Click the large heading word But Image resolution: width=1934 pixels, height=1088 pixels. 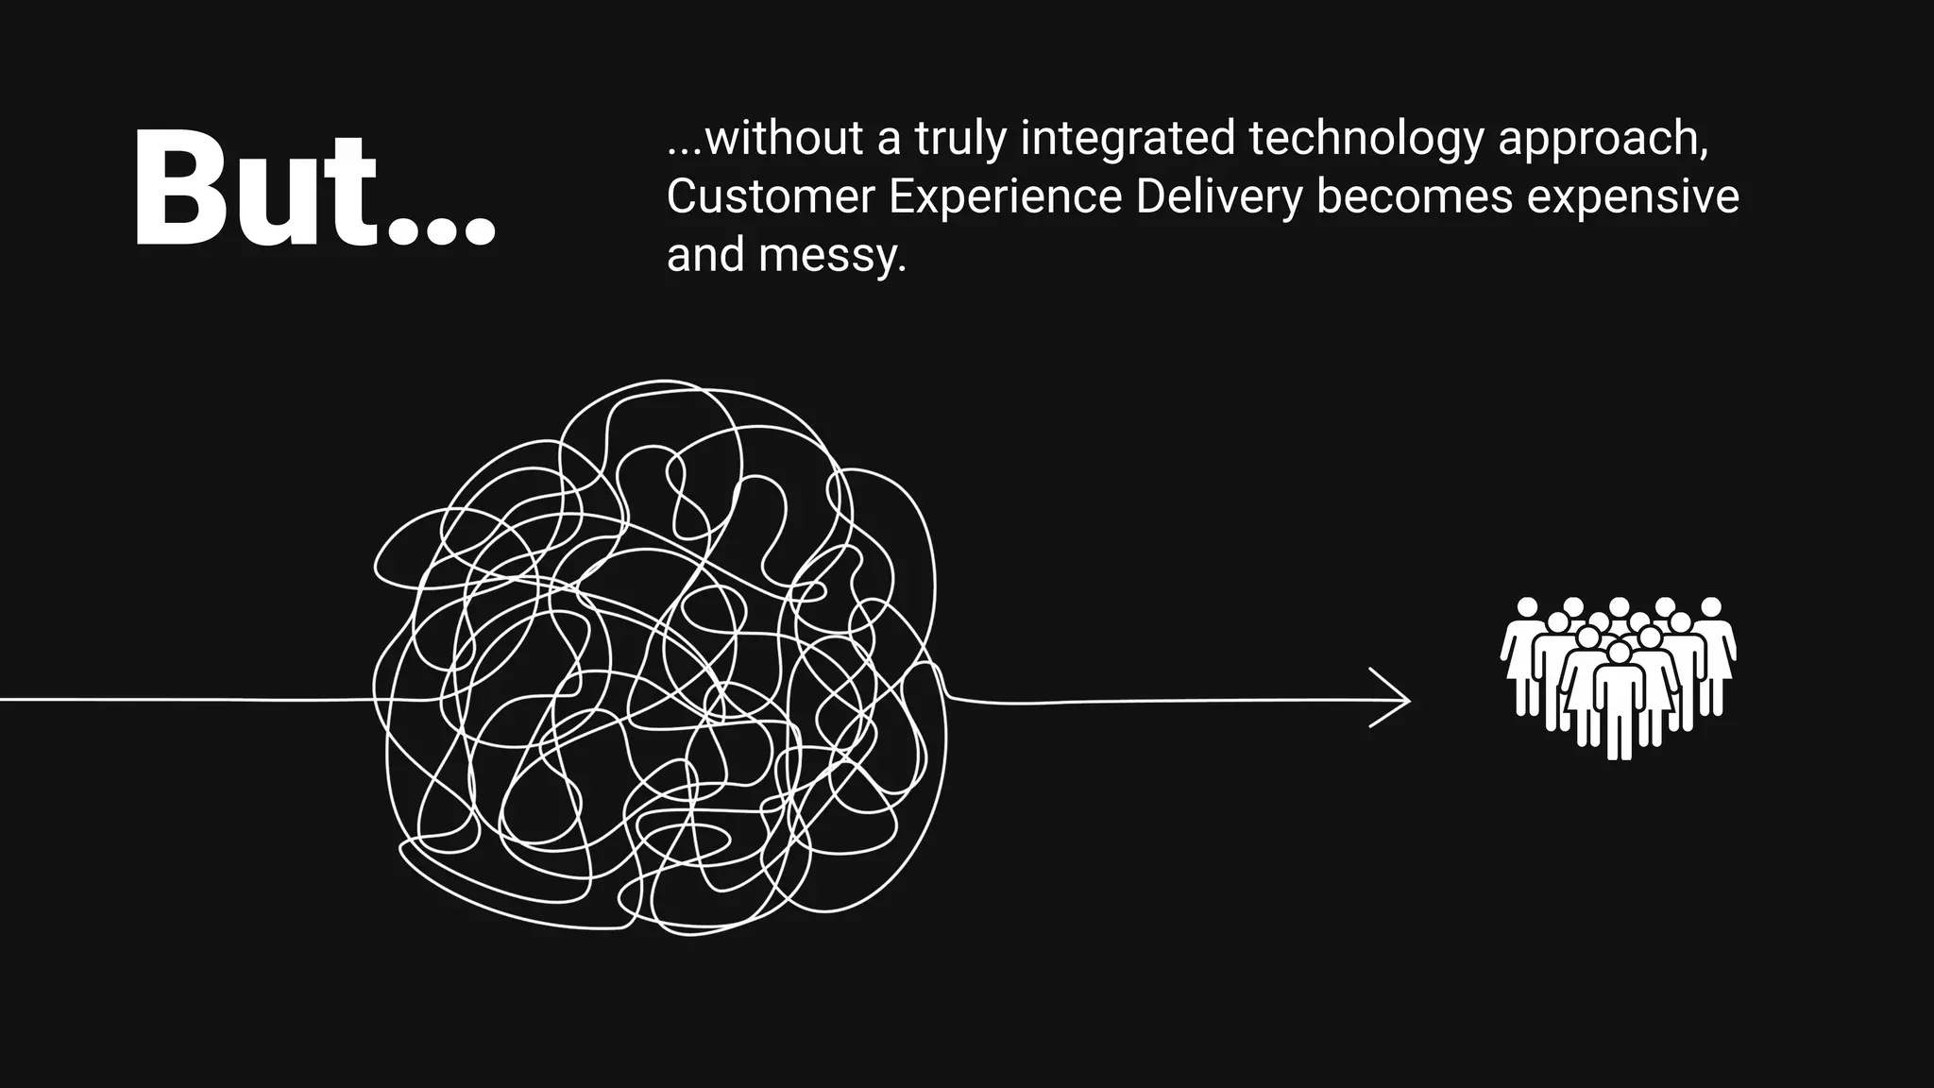(255, 189)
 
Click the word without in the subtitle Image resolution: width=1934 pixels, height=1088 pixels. (784, 138)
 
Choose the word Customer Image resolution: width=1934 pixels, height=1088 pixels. (771, 196)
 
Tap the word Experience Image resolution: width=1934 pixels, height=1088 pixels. (1005, 196)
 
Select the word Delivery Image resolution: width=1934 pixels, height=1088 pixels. (1218, 196)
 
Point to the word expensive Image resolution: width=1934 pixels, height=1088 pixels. (1633, 196)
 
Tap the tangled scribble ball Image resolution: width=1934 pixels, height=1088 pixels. (661, 661)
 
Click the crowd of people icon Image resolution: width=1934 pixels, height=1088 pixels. (1619, 675)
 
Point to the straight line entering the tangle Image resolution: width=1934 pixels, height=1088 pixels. (189, 700)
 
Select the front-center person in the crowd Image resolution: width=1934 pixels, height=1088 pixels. (1619, 699)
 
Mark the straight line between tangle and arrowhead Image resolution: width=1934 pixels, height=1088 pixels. (1162, 701)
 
